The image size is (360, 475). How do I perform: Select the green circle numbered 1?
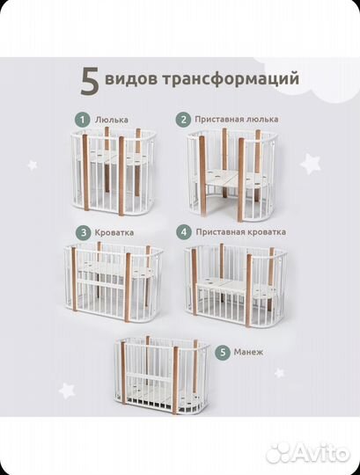coord(81,118)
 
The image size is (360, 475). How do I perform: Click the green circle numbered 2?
coord(184,119)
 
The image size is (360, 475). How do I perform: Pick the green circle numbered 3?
coord(81,232)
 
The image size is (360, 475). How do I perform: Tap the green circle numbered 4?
coord(184,232)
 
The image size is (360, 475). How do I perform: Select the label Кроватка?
coord(116,232)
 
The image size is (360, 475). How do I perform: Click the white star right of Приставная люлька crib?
coord(309,163)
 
